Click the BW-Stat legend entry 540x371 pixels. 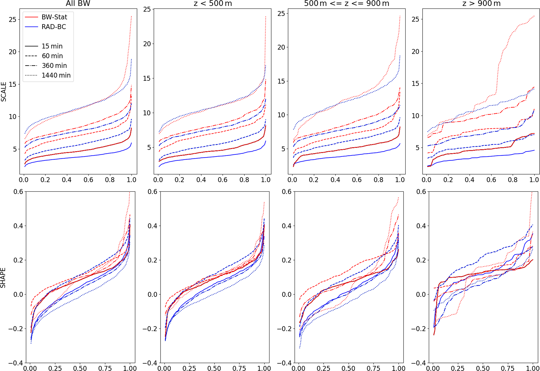[54, 17]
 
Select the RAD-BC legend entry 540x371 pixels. [54, 27]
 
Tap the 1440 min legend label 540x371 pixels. [56, 75]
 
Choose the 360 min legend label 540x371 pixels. [54, 66]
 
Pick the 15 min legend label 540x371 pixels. [52, 46]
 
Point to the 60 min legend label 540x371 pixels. [52, 56]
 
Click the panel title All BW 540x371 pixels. [78, 3]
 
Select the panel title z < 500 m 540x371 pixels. [213, 3]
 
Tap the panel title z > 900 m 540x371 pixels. [481, 3]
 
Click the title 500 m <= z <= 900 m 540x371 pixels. [346, 3]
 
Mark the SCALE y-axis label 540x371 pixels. [3, 92]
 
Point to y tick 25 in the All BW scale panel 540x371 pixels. [13, 20]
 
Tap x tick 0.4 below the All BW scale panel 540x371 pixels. [67, 180]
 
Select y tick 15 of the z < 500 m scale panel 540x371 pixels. [147, 78]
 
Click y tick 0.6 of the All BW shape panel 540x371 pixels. [18, 192]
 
